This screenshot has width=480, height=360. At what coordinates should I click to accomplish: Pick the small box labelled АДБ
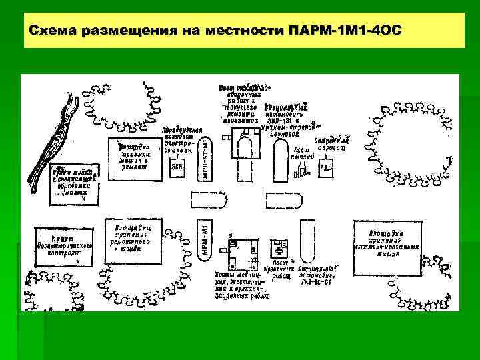327,167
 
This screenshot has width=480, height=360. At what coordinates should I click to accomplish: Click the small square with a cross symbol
279,250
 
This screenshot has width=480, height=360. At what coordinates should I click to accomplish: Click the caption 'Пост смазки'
302,154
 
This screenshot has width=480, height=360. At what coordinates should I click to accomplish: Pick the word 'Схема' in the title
52,31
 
